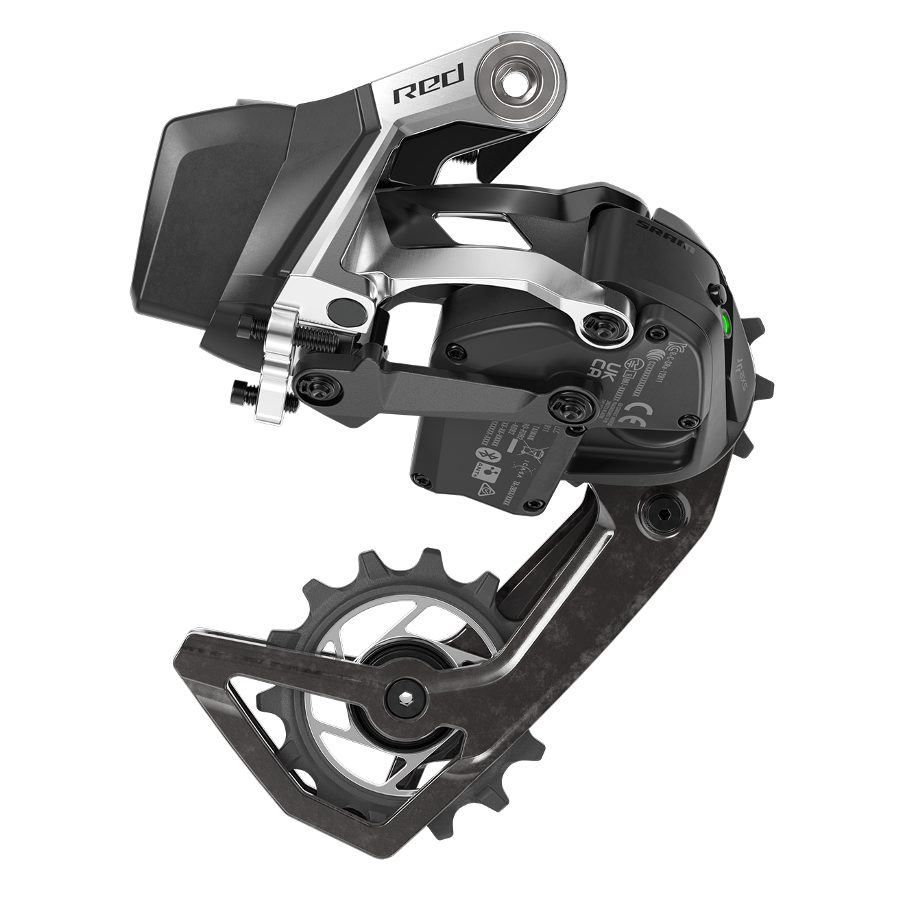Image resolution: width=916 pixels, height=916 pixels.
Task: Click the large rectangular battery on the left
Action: (199, 206)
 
